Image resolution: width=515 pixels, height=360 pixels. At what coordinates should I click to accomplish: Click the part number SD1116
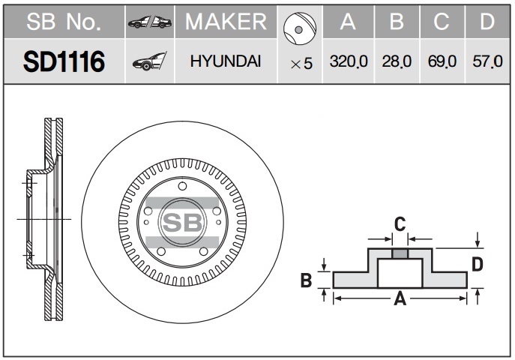[64, 61]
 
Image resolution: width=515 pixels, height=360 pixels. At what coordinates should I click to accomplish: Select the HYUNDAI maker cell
[226, 61]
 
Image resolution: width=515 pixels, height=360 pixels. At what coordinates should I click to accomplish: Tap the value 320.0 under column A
[349, 61]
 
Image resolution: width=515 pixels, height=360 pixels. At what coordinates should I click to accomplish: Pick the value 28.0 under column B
[397, 61]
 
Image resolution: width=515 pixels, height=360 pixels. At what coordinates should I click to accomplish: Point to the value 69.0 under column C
[442, 61]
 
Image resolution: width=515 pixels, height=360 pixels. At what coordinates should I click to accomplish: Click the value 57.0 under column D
[487, 61]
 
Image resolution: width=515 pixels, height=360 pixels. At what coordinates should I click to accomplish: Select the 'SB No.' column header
[64, 22]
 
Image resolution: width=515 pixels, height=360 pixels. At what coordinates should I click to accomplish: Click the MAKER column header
[226, 22]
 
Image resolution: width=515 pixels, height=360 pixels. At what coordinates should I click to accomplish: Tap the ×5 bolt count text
[301, 64]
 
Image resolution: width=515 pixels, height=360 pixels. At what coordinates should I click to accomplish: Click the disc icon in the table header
[300, 28]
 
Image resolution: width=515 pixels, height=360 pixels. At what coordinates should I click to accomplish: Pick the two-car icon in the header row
[150, 22]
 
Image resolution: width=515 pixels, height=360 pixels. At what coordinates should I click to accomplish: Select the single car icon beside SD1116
[150, 61]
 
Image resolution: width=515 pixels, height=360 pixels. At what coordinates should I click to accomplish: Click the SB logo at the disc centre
[183, 222]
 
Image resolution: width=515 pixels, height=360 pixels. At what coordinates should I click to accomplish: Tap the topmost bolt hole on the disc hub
[182, 186]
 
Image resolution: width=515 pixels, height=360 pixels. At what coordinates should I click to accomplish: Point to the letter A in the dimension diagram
[400, 298]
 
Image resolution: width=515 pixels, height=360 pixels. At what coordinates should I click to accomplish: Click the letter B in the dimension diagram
[306, 280]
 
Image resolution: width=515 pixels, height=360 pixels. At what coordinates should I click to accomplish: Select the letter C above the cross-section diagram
[400, 224]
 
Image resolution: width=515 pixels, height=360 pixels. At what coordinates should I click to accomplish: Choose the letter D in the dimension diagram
[478, 265]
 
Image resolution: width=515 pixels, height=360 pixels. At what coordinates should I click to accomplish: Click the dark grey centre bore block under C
[400, 253]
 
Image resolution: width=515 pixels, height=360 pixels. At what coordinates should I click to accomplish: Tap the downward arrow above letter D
[478, 240]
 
